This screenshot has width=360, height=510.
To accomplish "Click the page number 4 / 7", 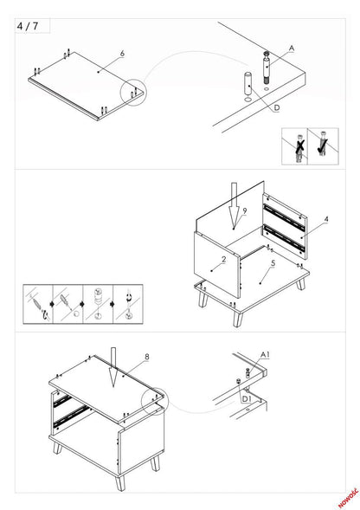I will (x=28, y=26).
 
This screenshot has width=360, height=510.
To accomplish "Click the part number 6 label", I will (x=122, y=54).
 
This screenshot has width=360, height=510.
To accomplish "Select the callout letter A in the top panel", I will (x=291, y=47).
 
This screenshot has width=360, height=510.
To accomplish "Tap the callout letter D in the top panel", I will (x=276, y=107).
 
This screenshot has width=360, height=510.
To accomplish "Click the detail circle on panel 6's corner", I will (x=133, y=93).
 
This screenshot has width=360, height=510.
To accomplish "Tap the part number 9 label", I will (x=245, y=210).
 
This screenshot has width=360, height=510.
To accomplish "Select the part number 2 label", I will (x=223, y=259).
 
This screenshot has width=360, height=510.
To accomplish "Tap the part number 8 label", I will (x=147, y=356).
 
